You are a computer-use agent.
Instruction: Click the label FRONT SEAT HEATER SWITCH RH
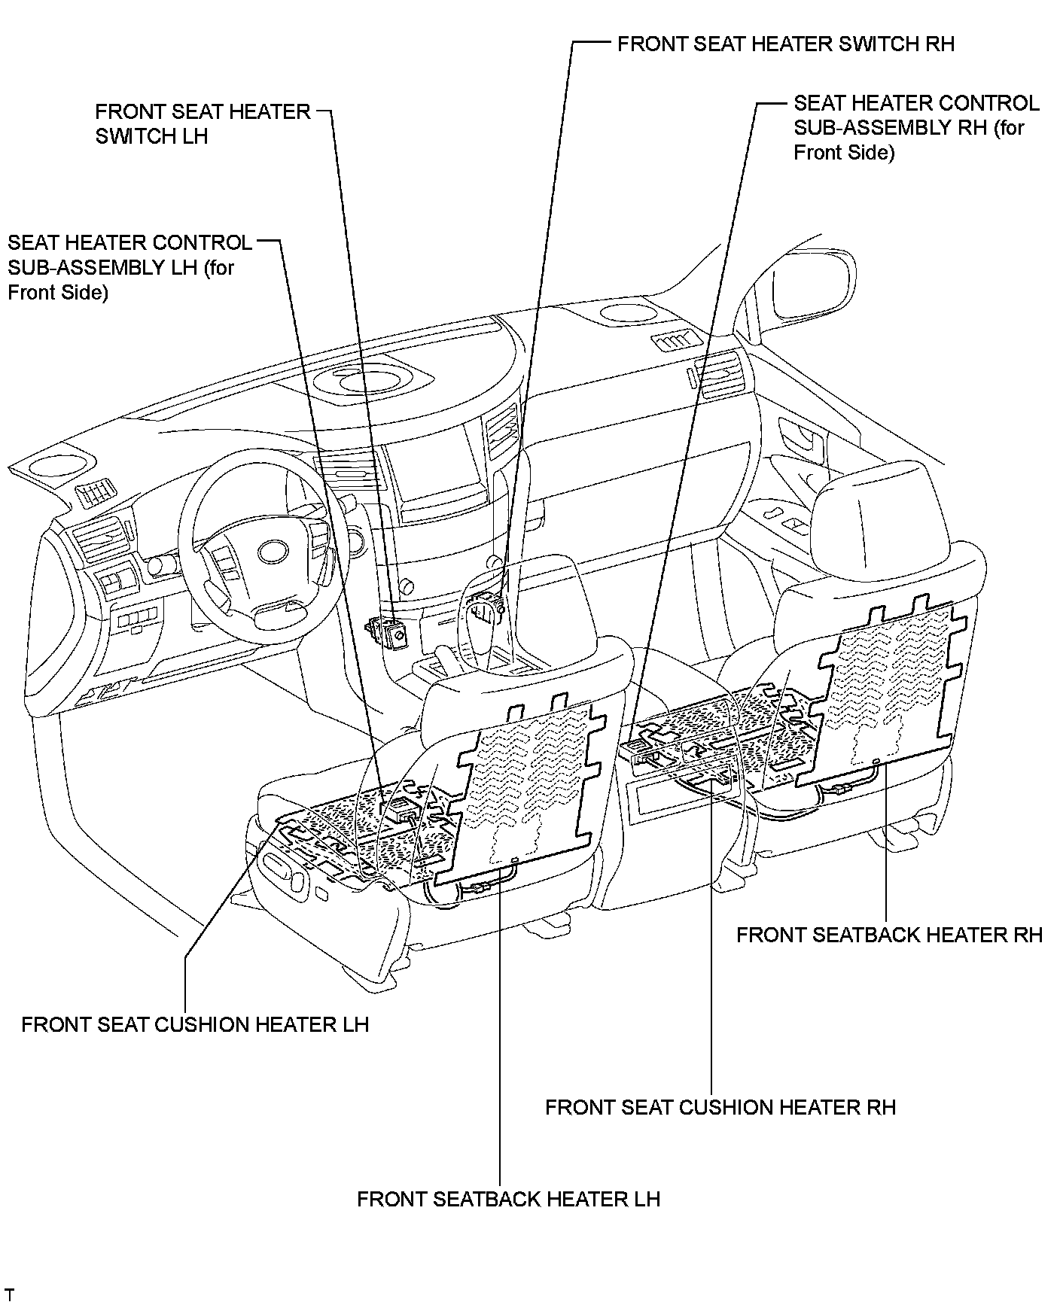click(785, 44)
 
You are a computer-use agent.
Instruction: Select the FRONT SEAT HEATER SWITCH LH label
click(203, 124)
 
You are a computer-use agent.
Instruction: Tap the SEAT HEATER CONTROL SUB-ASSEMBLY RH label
click(916, 127)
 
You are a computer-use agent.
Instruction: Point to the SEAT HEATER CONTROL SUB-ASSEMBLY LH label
click(129, 267)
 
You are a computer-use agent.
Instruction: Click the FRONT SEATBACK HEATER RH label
click(889, 935)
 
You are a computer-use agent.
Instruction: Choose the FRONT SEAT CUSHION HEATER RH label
click(720, 1107)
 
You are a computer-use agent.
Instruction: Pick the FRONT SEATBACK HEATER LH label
click(508, 1199)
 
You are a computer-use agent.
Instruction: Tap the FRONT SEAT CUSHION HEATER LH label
click(195, 1024)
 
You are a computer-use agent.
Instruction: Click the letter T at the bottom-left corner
click(9, 1294)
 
